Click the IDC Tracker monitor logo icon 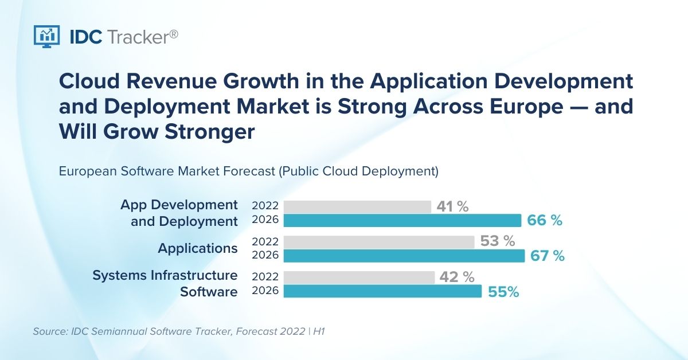[x=47, y=36]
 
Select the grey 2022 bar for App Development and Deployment [x=357, y=207]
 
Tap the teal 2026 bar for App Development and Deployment [x=402, y=221]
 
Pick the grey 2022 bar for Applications [x=379, y=242]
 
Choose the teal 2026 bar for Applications [x=404, y=256]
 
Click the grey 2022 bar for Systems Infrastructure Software [x=359, y=277]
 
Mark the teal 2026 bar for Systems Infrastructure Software [x=382, y=291]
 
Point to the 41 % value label [x=452, y=207]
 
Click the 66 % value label [x=545, y=221]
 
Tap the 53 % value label [x=498, y=242]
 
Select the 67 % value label [x=548, y=256]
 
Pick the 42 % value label [x=457, y=277]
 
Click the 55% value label [x=503, y=292]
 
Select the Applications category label [x=198, y=248]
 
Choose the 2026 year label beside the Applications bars [x=265, y=256]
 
